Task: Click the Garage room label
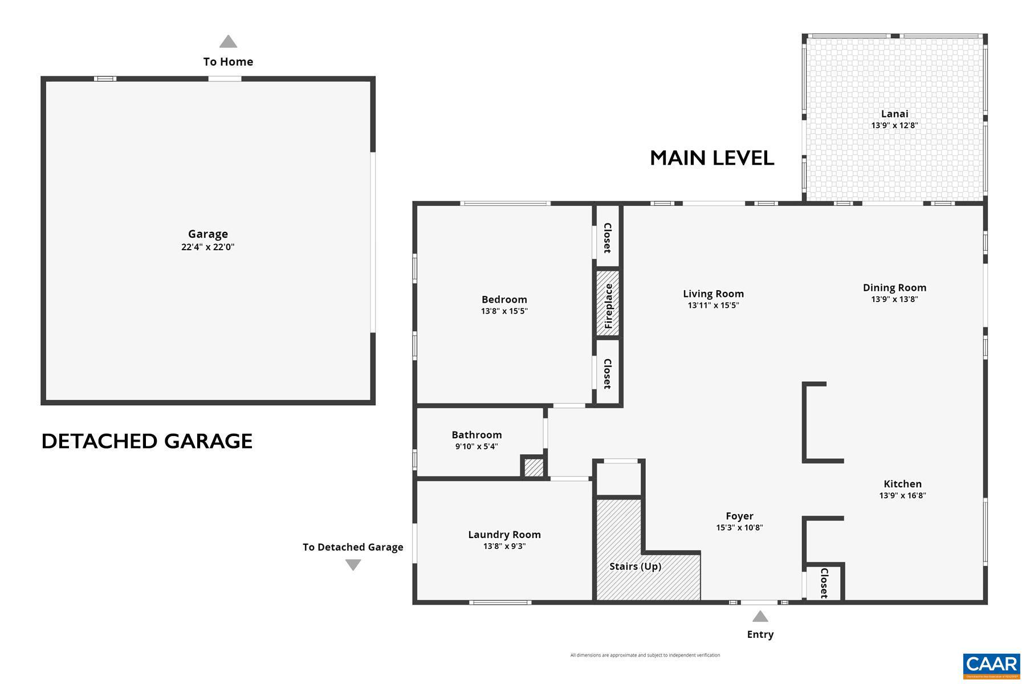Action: [208, 234]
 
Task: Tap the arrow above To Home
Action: [228, 42]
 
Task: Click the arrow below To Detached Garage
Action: [353, 565]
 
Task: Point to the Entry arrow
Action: [760, 616]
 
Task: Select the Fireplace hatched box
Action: [608, 303]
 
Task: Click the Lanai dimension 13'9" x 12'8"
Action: [894, 125]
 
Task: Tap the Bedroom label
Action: [504, 299]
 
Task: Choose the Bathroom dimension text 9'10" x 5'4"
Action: [477, 446]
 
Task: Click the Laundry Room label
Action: [504, 534]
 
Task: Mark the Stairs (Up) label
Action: [635, 566]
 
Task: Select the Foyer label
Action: [739, 516]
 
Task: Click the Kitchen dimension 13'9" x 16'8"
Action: [902, 495]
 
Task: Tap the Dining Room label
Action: [894, 287]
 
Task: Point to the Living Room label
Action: [713, 294]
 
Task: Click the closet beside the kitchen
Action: [824, 583]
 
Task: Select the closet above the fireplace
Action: [608, 237]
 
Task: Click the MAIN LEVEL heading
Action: [712, 158]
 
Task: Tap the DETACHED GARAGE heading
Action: [147, 441]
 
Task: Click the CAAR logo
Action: [991, 665]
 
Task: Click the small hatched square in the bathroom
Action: [534, 468]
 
